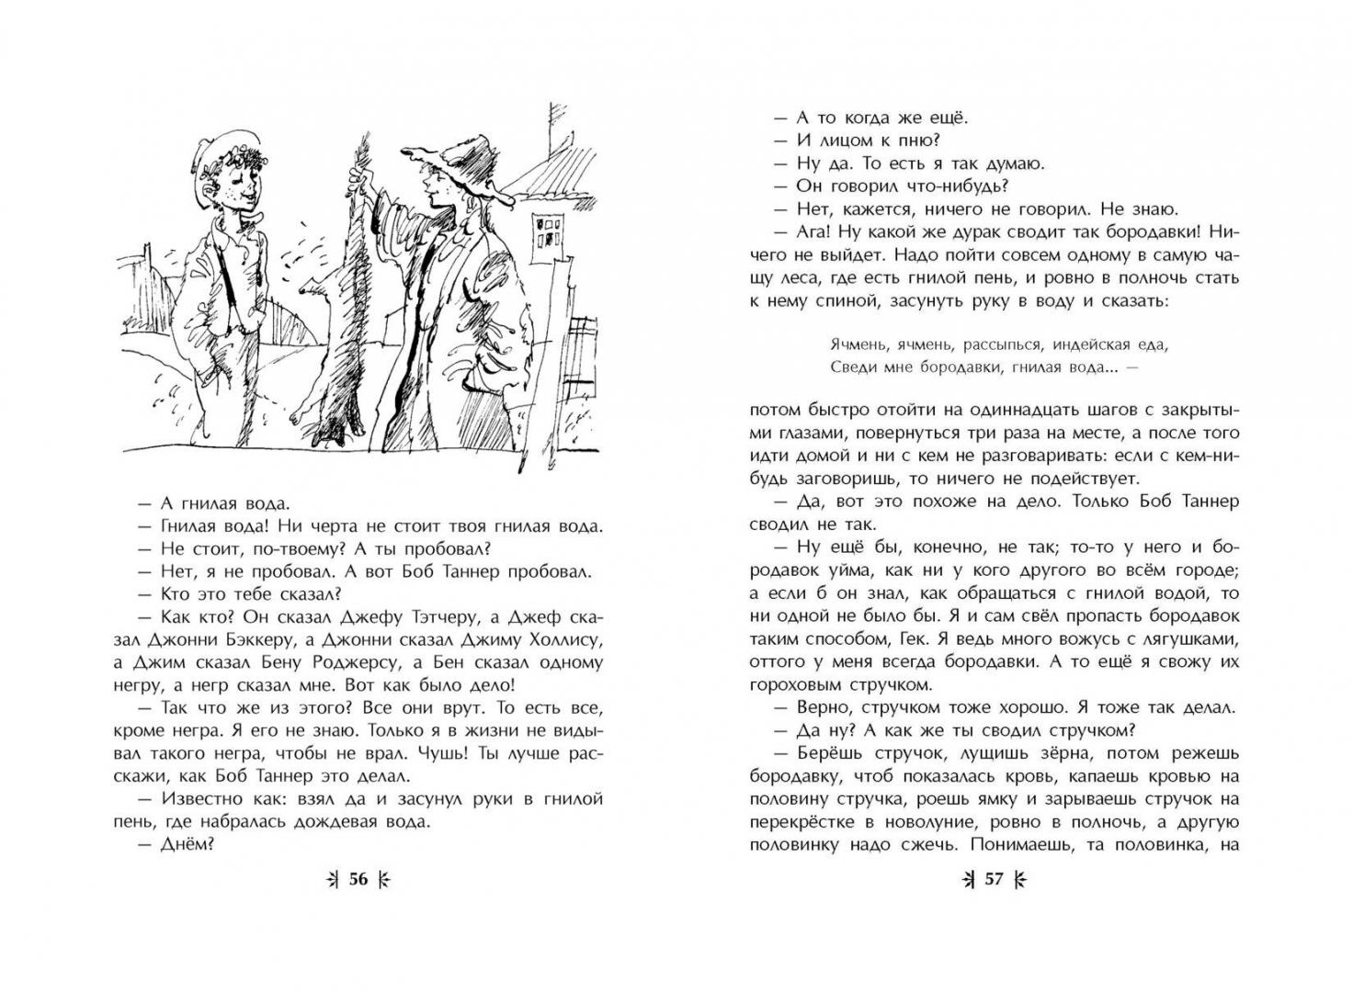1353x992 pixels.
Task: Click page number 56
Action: [x=358, y=880]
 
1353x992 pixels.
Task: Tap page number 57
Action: [x=994, y=880]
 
